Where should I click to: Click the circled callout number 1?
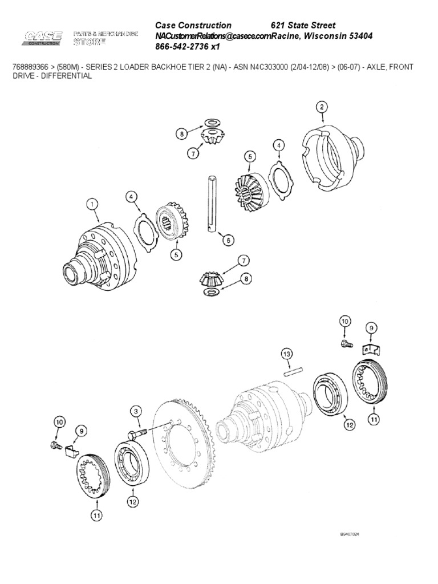[91, 202]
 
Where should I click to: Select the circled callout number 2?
[322, 107]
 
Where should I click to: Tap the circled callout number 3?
[136, 412]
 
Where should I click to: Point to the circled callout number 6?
[228, 240]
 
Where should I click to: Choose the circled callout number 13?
[286, 356]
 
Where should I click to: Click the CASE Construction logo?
[43, 39]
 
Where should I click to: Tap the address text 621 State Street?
[303, 25]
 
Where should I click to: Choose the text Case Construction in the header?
[193, 25]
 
